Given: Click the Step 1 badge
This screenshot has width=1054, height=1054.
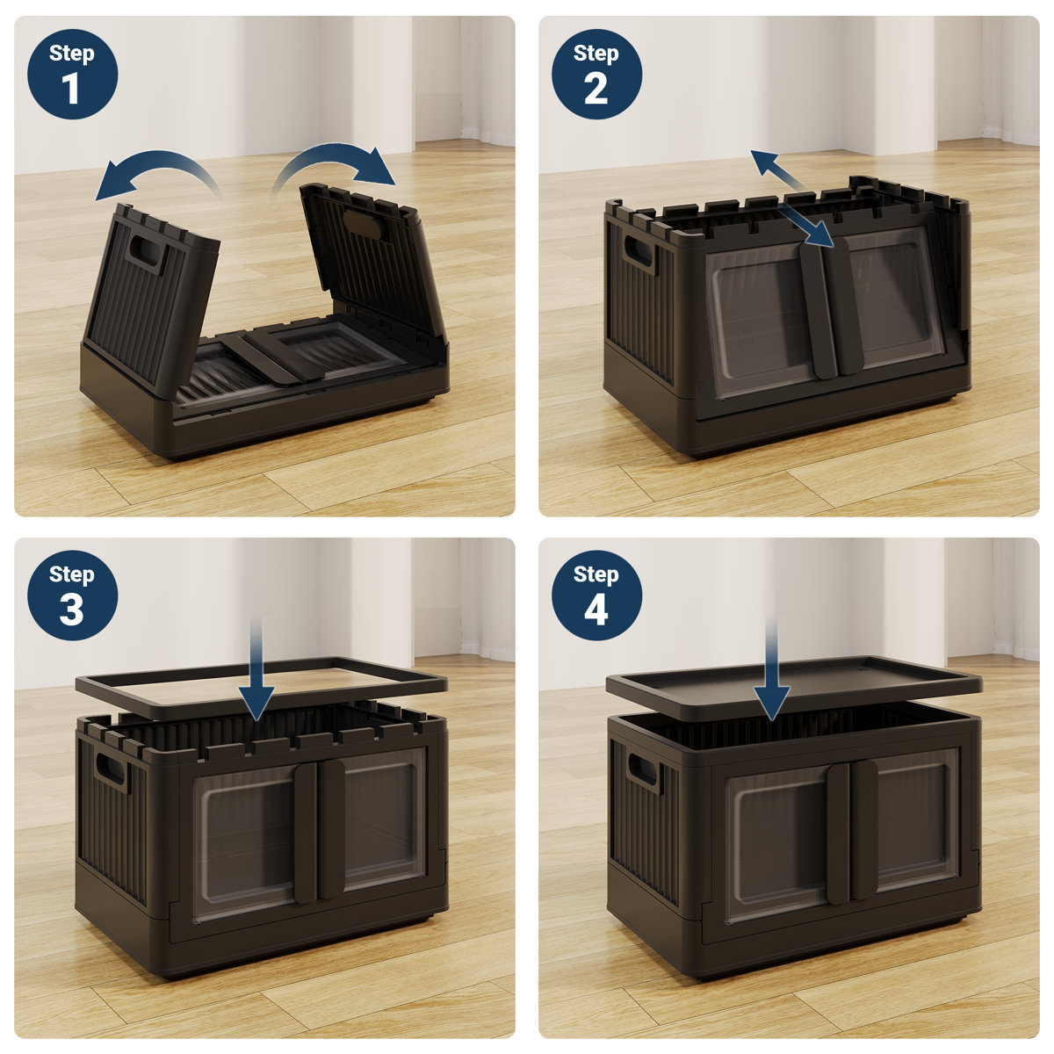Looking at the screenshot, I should [x=72, y=74].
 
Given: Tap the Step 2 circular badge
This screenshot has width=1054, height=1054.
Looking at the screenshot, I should [x=596, y=74].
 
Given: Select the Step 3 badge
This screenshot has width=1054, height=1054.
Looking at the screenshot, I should [x=72, y=596].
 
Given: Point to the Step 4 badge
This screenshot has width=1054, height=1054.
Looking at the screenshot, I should [x=596, y=596].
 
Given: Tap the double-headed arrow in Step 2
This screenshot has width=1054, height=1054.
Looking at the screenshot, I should [x=790, y=199].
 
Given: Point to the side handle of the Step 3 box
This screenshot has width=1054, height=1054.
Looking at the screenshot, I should [x=112, y=769].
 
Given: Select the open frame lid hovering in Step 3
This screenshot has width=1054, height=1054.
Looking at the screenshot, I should [x=260, y=682].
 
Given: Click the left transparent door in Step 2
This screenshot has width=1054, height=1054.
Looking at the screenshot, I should [x=757, y=316].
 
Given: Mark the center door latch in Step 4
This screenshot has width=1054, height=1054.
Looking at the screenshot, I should [x=852, y=830].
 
